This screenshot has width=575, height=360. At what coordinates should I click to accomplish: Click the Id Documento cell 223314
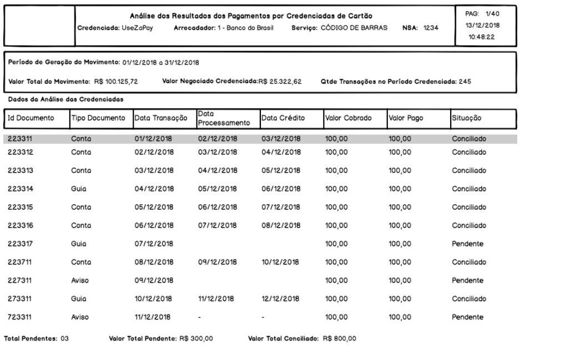click(19, 189)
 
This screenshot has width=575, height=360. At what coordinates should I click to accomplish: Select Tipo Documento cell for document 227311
click(80, 281)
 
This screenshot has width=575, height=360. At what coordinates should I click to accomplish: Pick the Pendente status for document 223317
click(467, 244)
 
